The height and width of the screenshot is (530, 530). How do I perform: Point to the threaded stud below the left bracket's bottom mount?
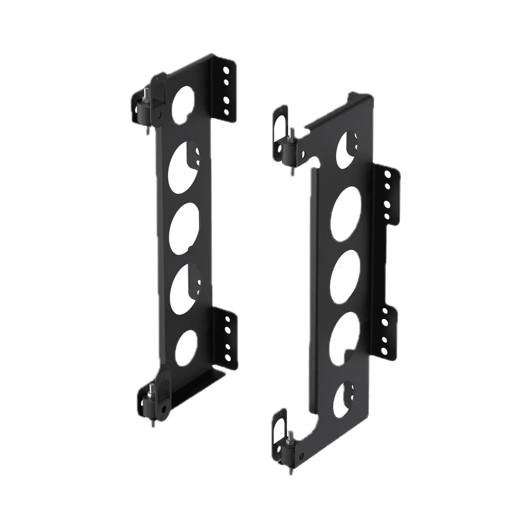(152, 424)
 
